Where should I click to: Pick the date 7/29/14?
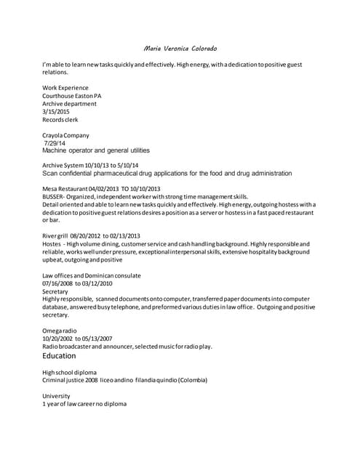[55, 143]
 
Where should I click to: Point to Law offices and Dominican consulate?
[92, 276]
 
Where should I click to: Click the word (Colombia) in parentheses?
[192, 380]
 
